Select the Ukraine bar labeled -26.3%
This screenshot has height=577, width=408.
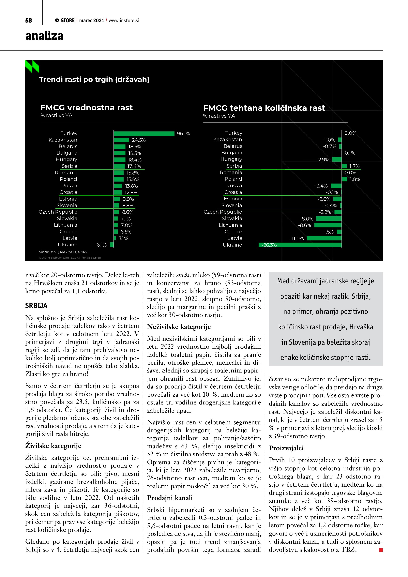click(300, 245)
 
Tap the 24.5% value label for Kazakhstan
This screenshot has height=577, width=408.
click(139, 140)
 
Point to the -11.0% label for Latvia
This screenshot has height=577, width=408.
click(297, 238)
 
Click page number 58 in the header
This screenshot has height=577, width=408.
click(29, 21)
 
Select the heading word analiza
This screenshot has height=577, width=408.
click(44, 36)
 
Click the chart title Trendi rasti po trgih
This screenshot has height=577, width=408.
click(94, 79)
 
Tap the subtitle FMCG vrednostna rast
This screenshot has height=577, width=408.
click(86, 108)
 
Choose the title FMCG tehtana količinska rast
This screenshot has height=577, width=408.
click(264, 108)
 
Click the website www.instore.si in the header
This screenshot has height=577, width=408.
click(124, 21)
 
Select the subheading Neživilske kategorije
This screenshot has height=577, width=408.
click(179, 327)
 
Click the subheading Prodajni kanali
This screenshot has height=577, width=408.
click(170, 498)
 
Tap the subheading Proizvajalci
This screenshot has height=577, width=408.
click(286, 448)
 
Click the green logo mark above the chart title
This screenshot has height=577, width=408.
click(32, 67)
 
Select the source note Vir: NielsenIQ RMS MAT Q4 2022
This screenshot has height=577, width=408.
click(63, 252)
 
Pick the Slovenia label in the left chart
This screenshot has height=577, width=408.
click(67, 205)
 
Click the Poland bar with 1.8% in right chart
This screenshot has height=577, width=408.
click(345, 179)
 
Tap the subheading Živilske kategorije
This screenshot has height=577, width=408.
click(53, 446)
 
